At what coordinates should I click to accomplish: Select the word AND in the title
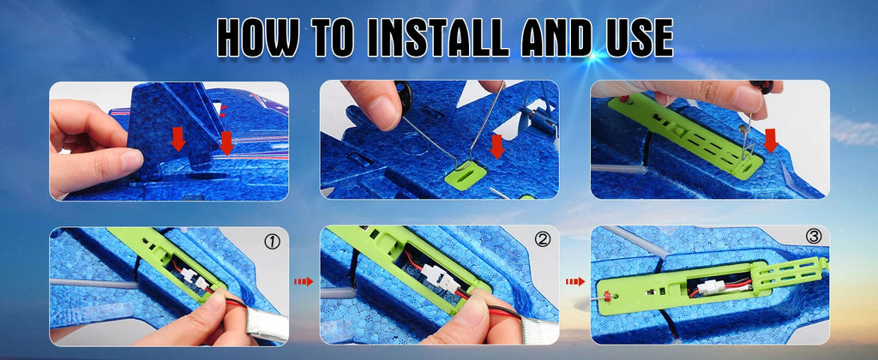[555, 38]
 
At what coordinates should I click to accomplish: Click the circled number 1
[272, 242]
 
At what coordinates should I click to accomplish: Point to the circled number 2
[543, 240]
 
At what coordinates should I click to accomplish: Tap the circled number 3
[814, 237]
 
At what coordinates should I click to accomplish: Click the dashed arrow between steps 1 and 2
[304, 282]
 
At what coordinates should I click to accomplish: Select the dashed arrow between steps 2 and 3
[575, 281]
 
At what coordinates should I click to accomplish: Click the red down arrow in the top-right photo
[771, 141]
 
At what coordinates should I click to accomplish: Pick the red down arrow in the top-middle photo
[496, 146]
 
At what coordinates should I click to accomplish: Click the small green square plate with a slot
[466, 176]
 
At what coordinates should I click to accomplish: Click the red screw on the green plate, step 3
[606, 295]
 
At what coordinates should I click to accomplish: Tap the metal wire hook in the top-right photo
[747, 135]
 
